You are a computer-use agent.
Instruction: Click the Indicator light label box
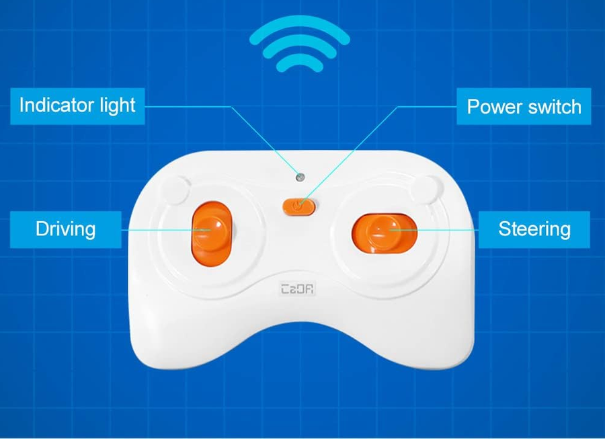[77, 106]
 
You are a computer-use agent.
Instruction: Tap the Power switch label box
[524, 106]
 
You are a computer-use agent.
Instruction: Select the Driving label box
[66, 229]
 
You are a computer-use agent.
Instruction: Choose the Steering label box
[534, 229]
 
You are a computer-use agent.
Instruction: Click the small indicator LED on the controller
[300, 177]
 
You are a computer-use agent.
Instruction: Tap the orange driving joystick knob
[212, 233]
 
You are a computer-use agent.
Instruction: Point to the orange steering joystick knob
[385, 233]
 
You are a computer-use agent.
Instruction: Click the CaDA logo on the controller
[298, 288]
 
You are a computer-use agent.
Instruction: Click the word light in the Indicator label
[118, 106]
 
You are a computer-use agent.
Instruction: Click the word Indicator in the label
[58, 105]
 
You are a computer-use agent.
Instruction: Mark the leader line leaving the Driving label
[166, 230]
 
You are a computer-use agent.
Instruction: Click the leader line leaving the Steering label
[434, 230]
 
